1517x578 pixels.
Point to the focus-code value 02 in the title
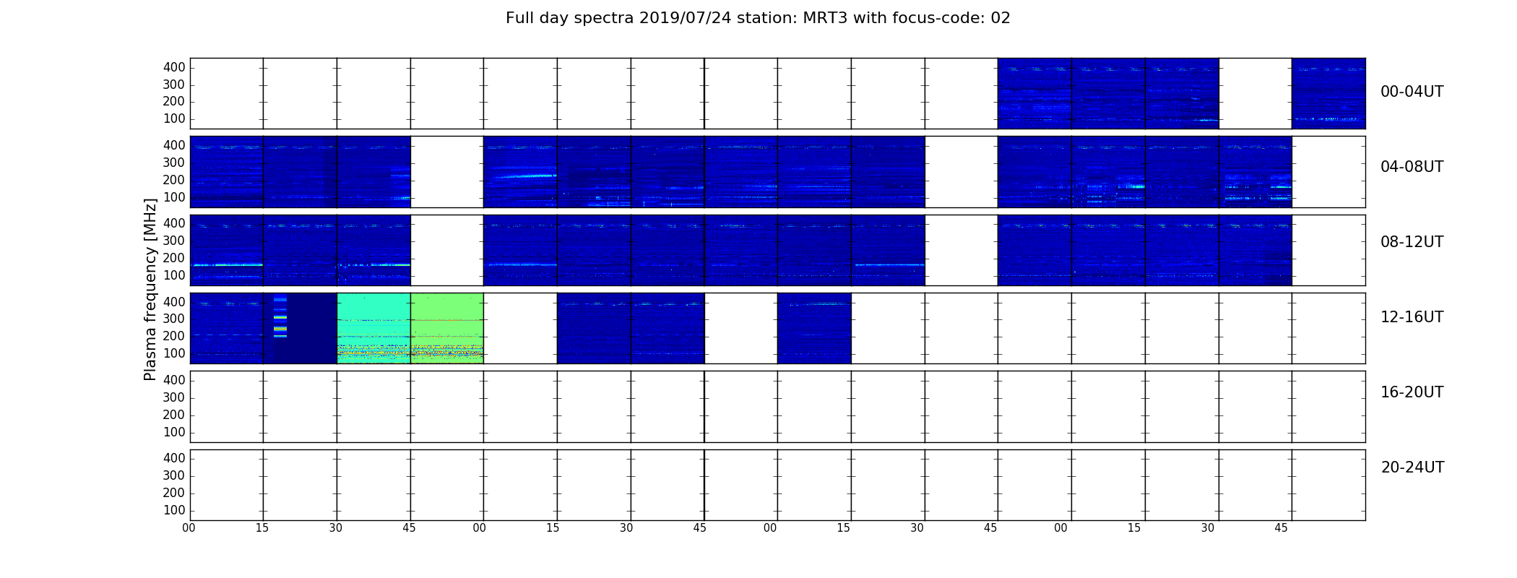(x=1000, y=18)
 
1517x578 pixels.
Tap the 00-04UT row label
(x=1412, y=92)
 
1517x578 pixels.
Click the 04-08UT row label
(x=1412, y=167)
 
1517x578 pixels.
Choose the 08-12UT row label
(x=1412, y=242)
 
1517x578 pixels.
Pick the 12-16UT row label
(x=1412, y=317)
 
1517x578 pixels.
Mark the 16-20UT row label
(x=1412, y=392)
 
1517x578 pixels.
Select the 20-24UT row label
(x=1412, y=467)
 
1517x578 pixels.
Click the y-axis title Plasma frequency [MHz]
(x=150, y=289)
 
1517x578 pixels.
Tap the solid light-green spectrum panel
(x=447, y=328)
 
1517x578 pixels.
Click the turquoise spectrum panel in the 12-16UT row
(x=373, y=328)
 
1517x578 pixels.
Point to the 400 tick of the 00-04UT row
(x=174, y=67)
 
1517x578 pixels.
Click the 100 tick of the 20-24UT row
(x=174, y=510)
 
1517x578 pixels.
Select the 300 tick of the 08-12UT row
(x=174, y=241)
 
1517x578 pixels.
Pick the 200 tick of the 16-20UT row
(x=174, y=415)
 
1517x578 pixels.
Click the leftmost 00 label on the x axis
(x=189, y=528)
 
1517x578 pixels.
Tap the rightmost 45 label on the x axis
(x=1281, y=528)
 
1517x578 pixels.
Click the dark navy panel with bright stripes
(x=300, y=328)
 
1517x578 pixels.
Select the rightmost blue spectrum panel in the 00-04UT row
(x=1328, y=93)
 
